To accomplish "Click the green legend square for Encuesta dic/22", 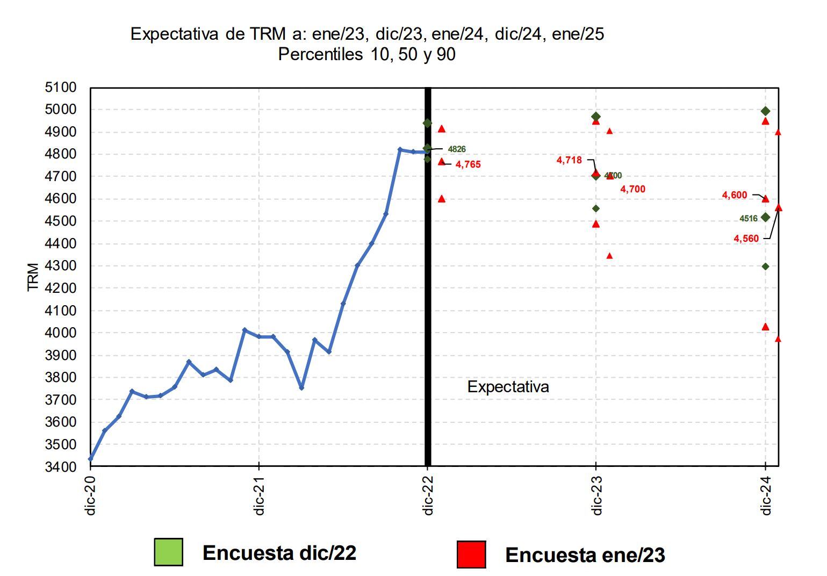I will point(168,552).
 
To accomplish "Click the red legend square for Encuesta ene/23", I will point(471,555).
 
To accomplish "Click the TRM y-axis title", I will point(33,277).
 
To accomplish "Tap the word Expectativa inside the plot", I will point(508,387).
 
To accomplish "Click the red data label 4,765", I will point(468,165).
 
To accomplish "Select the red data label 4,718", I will point(569,160).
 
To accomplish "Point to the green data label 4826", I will point(457,149).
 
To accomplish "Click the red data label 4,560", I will point(746,239).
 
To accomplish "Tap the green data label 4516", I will point(749,219).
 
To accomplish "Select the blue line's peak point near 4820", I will point(400,149).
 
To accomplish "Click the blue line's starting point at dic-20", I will point(91,459).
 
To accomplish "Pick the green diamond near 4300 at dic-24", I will point(766,267).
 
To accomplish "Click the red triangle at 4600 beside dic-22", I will point(442,199).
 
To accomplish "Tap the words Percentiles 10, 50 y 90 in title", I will point(366,55).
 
